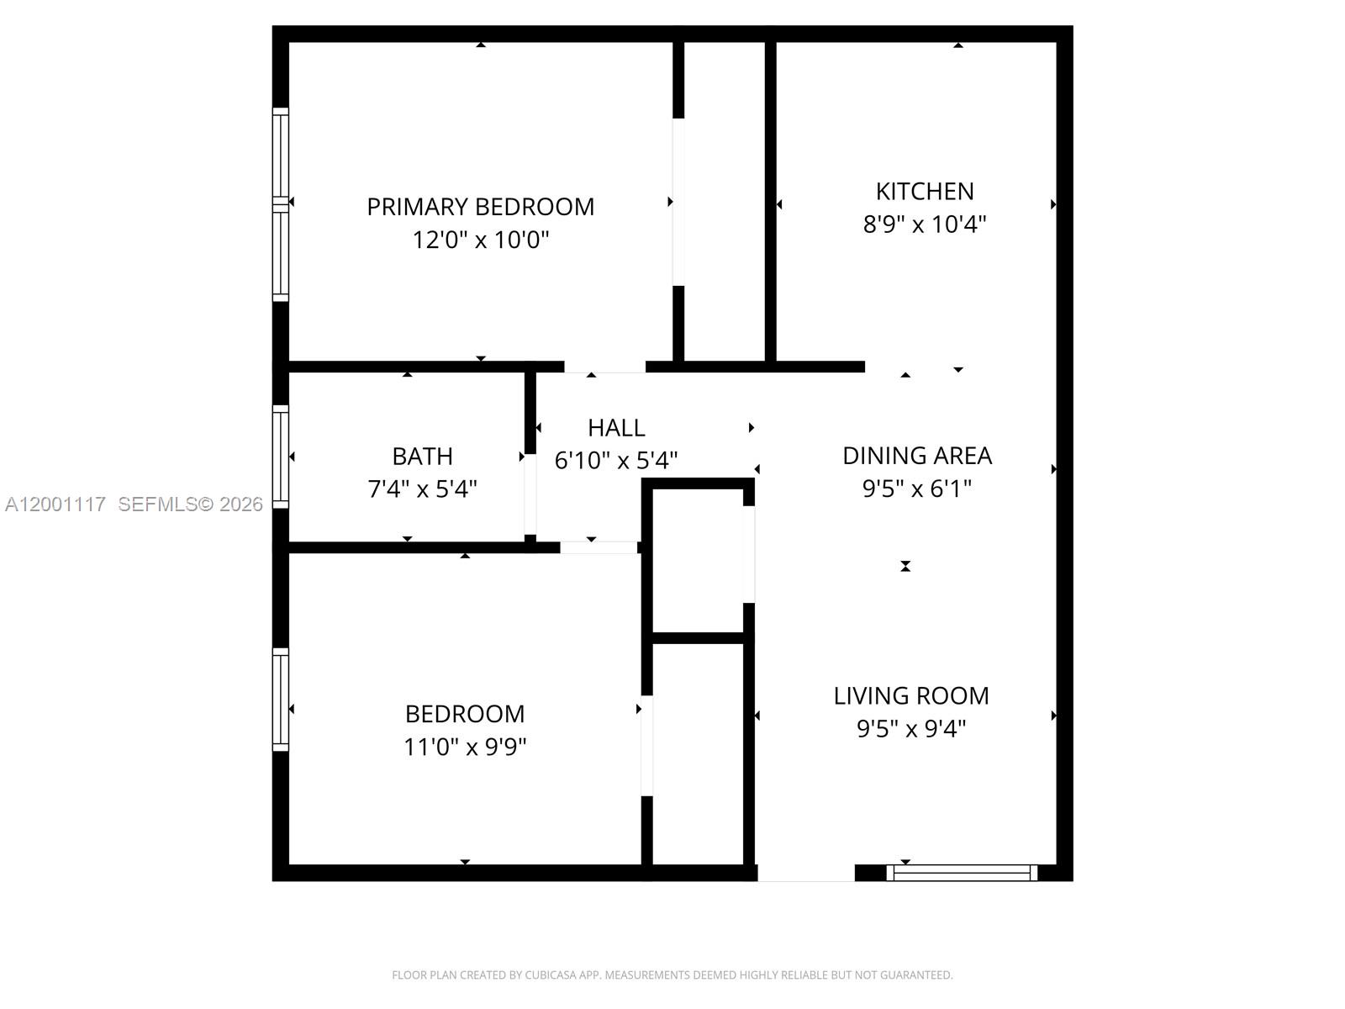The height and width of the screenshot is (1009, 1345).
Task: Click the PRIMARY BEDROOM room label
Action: [x=480, y=207]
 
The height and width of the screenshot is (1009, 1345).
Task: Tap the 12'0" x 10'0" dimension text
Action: [x=480, y=240]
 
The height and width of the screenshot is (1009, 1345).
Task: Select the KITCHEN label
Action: [x=925, y=192]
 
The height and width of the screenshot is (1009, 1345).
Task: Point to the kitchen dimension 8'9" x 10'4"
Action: [x=925, y=225]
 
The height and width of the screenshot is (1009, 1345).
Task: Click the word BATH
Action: [x=422, y=457]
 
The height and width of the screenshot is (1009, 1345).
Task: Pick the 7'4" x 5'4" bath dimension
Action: [x=422, y=489]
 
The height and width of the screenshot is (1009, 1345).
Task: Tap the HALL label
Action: [x=616, y=428]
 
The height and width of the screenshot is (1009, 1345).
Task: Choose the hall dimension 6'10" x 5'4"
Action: [x=616, y=461]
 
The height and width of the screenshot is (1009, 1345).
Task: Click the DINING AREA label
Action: [x=917, y=456]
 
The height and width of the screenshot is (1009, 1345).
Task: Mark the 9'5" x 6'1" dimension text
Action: [x=917, y=489]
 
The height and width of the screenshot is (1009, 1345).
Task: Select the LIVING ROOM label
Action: [x=911, y=696]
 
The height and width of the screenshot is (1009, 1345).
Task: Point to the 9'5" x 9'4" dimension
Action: [x=911, y=728]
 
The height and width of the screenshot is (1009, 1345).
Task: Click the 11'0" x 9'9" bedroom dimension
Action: [x=465, y=747]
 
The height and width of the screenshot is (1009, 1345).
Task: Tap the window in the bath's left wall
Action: [x=281, y=457]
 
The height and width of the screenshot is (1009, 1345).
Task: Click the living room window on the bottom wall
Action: [x=962, y=873]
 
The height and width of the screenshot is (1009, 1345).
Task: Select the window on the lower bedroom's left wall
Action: [x=281, y=700]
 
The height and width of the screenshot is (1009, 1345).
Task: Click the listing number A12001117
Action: [x=55, y=504]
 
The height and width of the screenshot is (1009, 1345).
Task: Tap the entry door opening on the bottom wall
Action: [x=806, y=873]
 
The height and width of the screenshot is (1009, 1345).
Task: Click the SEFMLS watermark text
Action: [x=157, y=504]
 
